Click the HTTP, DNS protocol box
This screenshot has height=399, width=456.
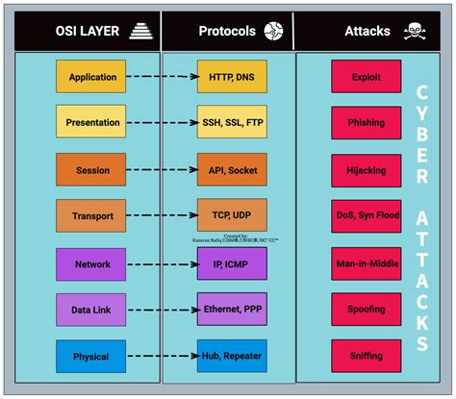[230, 77]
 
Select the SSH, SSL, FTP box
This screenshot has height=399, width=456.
[230, 123]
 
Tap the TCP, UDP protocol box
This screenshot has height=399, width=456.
[230, 215]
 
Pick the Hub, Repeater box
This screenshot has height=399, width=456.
[230, 356]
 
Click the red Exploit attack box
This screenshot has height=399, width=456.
[366, 77]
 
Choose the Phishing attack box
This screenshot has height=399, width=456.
[366, 123]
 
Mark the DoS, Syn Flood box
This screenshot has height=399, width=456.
[366, 215]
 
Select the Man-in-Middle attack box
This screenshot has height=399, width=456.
[366, 263]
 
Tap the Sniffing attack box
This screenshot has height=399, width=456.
[366, 356]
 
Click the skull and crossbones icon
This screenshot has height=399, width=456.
[416, 30]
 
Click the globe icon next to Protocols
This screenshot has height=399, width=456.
[274, 30]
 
